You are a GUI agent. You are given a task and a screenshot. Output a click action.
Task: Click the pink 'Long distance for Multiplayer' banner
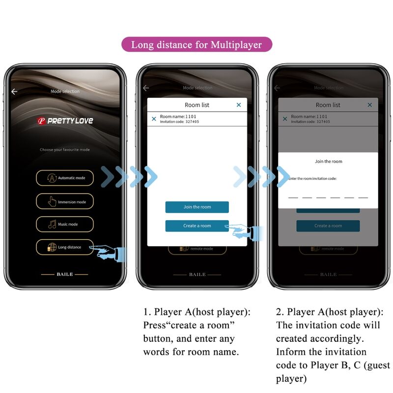point(196,45)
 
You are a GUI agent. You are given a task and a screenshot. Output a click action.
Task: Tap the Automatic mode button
point(65,178)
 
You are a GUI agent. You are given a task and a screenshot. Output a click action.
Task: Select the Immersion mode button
point(65,201)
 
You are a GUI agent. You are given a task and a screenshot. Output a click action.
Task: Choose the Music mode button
point(65,225)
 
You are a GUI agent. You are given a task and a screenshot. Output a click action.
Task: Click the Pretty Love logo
point(65,121)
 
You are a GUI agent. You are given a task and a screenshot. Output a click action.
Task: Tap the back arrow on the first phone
point(14,91)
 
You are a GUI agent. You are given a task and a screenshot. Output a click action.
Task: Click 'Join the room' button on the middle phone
point(197,207)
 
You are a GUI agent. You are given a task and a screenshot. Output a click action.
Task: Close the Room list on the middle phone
point(239,105)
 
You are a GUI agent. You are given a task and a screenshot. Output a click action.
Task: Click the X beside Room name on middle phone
point(154,119)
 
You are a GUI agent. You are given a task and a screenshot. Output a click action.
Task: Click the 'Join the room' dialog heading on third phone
point(328,161)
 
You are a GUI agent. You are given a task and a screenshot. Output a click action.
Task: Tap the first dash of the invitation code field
point(293,197)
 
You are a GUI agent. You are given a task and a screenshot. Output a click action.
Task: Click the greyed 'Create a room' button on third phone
point(328,226)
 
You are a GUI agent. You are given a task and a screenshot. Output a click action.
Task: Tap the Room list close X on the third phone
point(370,105)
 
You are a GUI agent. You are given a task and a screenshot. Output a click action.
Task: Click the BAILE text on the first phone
point(64,274)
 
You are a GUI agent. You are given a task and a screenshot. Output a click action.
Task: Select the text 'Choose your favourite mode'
point(65,149)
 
